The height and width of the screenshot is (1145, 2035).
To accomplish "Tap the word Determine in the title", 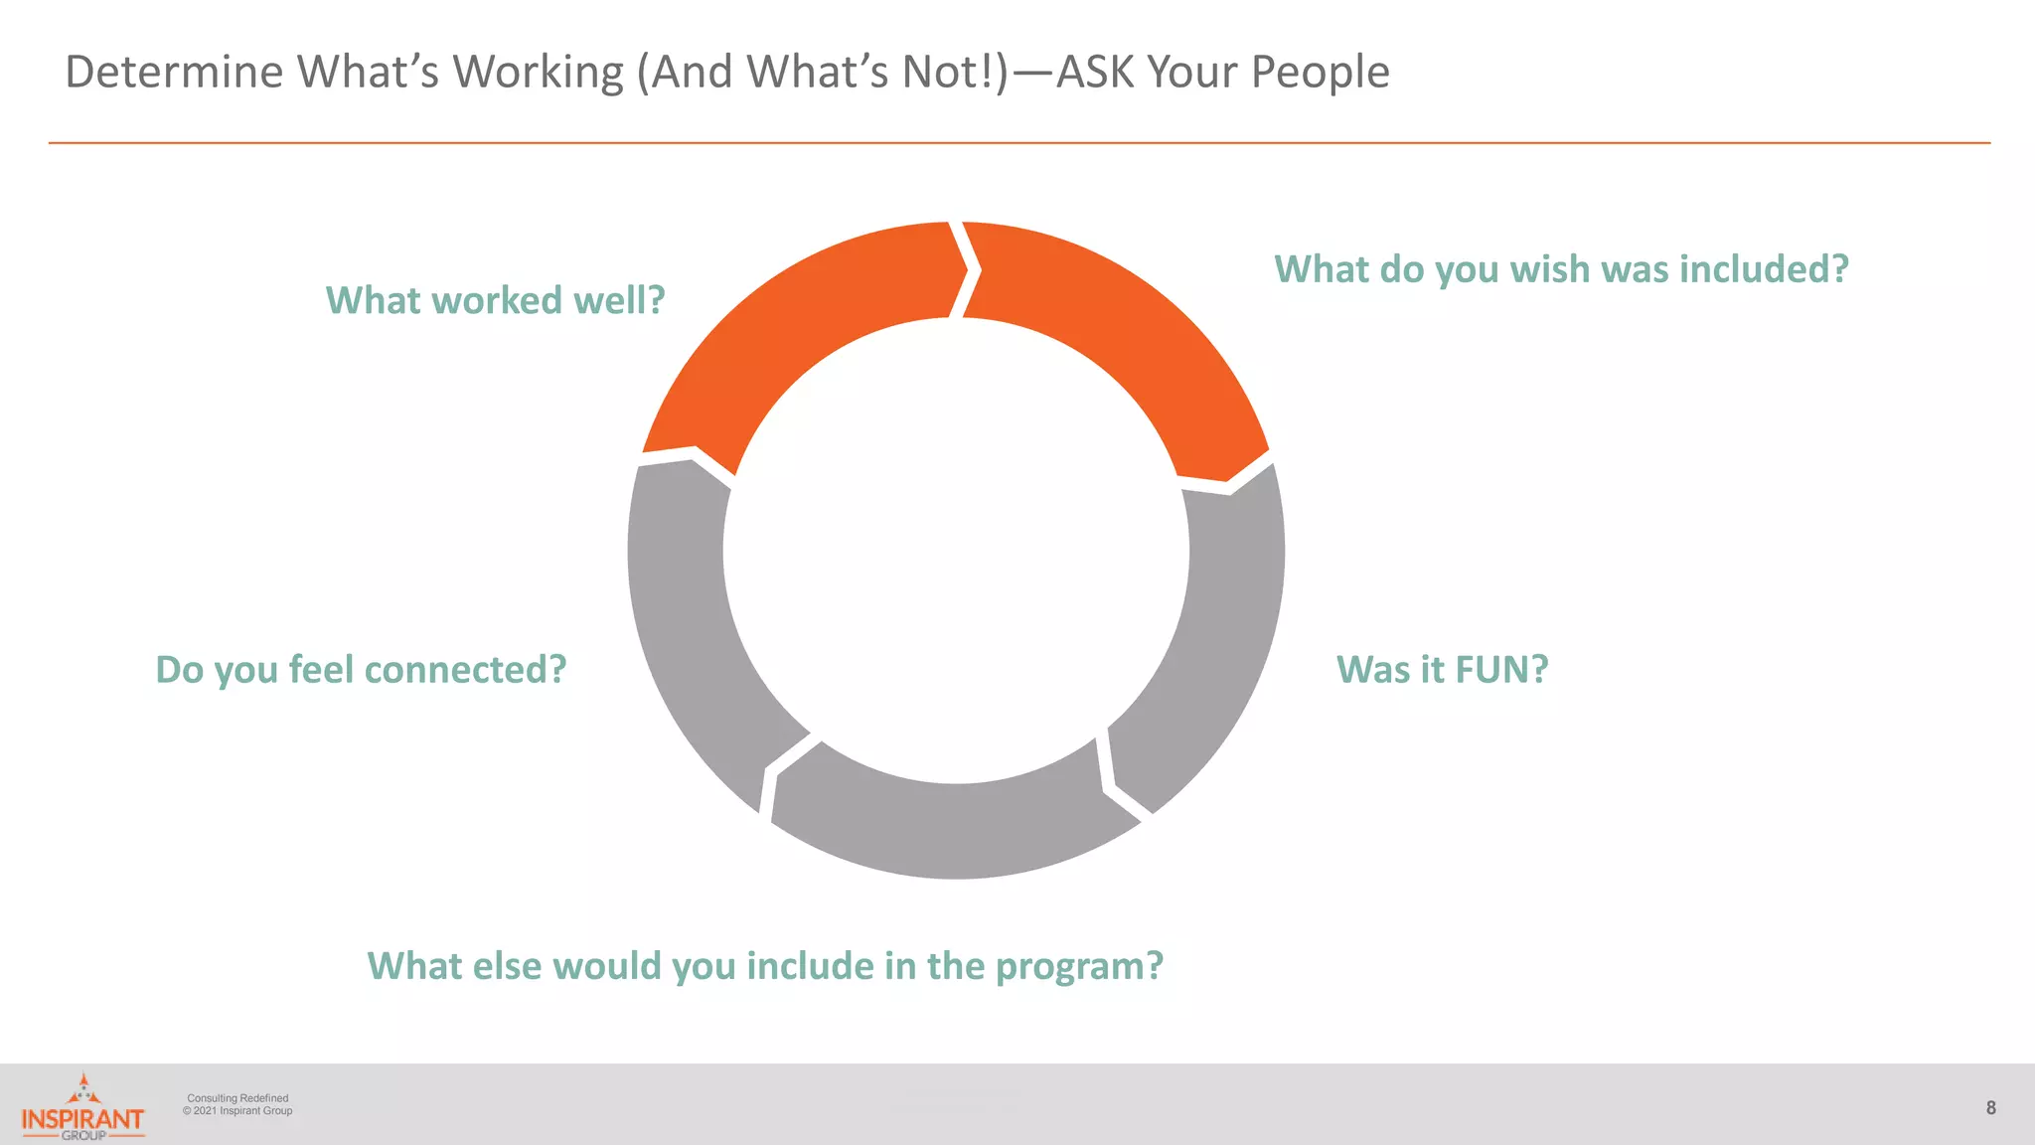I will pos(175,72).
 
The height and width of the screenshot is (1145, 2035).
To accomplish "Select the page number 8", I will pos(1990,1107).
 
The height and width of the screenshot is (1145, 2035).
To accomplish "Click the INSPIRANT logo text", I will pos(82,1119).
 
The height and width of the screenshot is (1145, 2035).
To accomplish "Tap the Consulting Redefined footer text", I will pos(237,1098).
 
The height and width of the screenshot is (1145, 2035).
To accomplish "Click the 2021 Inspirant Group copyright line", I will pos(238,1111).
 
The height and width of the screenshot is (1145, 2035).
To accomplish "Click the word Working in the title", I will pos(538,72).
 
